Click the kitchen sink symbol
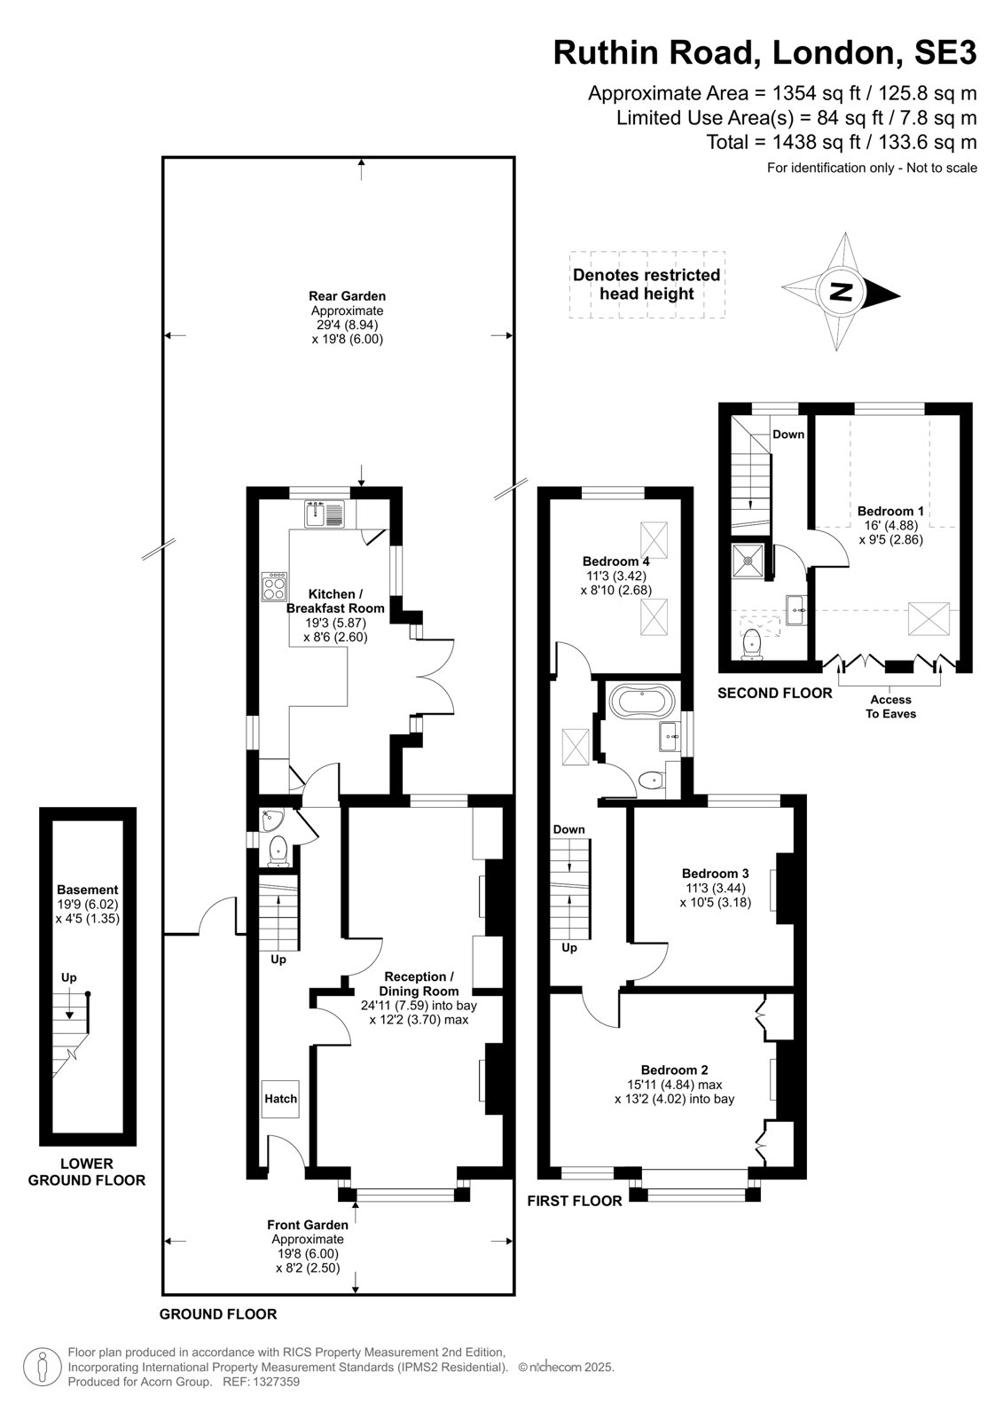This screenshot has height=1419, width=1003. (x=324, y=514)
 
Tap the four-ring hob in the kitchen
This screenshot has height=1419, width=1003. (x=274, y=586)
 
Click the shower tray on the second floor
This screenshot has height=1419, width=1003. (x=748, y=560)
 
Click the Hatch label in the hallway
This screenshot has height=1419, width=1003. (x=281, y=1099)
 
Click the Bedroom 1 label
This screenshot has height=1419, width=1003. (x=890, y=511)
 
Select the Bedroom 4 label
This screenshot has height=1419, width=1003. (x=615, y=561)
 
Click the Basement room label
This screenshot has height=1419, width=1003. (x=88, y=890)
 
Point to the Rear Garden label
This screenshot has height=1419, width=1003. (x=348, y=296)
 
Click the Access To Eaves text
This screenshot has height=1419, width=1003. (x=891, y=706)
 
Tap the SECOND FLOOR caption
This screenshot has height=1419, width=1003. (x=775, y=693)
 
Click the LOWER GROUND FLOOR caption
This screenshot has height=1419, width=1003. (x=87, y=1172)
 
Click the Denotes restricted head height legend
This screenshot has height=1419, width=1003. (x=646, y=285)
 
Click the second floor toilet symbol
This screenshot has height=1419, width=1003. (x=751, y=644)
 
